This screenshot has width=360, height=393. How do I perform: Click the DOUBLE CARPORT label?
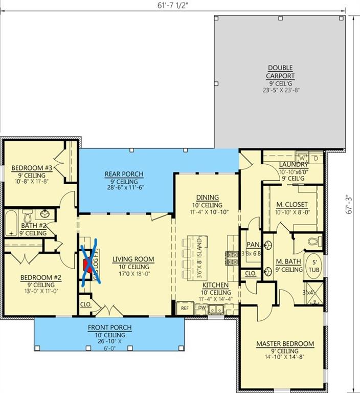point(281,72)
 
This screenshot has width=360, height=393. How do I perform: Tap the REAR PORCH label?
point(124,174)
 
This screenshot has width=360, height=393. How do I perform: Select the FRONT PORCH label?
point(109,327)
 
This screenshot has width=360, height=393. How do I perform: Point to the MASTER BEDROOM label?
point(285,344)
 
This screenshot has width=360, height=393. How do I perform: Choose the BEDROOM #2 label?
point(41,278)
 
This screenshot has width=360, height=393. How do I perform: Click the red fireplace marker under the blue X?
point(86,264)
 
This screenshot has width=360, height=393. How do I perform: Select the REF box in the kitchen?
point(184,309)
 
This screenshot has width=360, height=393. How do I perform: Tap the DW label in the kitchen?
point(202,309)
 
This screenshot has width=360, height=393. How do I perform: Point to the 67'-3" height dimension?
point(350,204)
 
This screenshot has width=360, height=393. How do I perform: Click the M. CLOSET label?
point(291,205)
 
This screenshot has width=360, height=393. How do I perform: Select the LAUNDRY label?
point(294,165)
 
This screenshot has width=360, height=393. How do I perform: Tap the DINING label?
point(207,198)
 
